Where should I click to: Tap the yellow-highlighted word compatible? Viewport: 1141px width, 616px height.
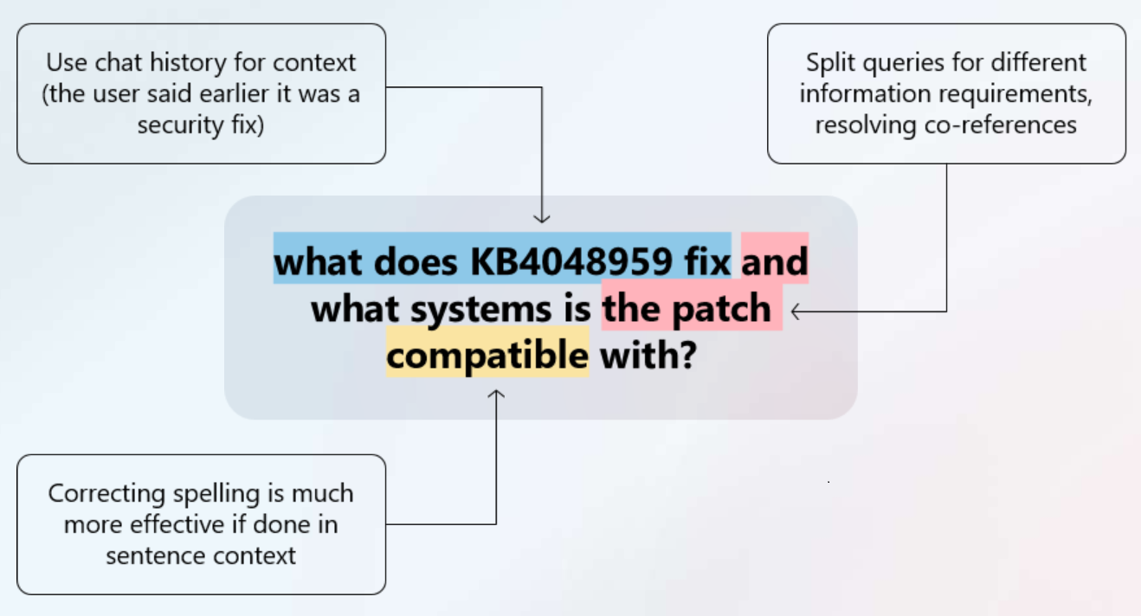click(487, 354)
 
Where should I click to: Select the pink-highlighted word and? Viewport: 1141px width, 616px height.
click(775, 261)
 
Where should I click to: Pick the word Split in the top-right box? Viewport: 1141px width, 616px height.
click(829, 62)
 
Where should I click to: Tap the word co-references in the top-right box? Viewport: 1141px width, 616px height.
click(999, 125)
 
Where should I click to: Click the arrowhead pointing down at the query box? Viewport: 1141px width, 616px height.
click(542, 217)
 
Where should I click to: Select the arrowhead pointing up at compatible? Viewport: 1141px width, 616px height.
click(496, 396)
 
